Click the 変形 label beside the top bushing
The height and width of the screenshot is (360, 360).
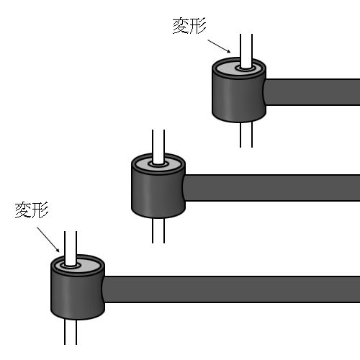189,26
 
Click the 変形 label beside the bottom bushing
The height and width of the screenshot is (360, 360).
32,210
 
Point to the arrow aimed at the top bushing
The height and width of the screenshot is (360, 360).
219,46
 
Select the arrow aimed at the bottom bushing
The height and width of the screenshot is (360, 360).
48,239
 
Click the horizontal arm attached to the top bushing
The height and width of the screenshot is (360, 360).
312,92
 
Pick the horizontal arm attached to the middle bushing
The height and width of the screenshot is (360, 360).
271,188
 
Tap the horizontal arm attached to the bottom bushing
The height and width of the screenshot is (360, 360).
231,289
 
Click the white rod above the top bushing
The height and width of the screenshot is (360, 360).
246,51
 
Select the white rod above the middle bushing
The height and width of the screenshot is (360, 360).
158,147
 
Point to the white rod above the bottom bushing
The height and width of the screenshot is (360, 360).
71,248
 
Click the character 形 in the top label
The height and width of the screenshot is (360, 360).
198,26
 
